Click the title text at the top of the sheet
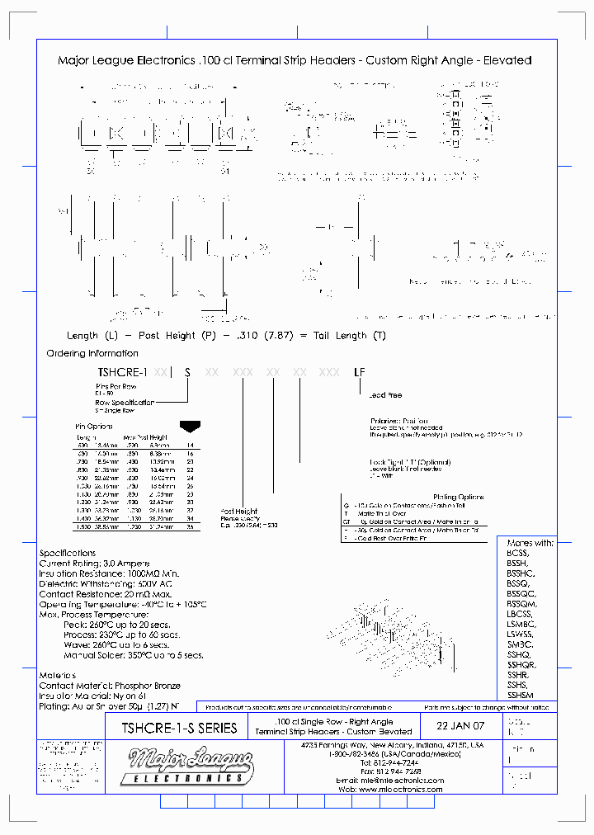pos(295,60)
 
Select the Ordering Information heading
pos(89,353)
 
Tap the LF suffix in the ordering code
pos(359,373)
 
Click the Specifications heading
pos(68,553)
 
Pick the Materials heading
pos(58,675)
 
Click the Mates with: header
pos(530,543)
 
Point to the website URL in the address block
pos(390,790)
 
